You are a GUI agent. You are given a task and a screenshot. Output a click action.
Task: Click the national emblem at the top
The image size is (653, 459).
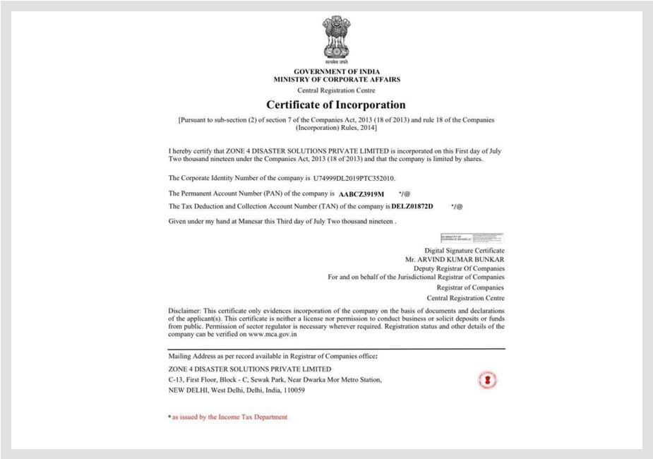tap(336, 38)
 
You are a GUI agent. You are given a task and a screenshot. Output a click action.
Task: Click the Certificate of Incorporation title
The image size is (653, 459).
tap(336, 105)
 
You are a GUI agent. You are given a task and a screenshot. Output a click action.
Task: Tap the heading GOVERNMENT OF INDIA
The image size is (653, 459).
tap(337, 72)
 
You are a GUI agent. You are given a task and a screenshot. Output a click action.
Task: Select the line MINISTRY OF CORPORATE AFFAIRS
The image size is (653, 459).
tap(337, 80)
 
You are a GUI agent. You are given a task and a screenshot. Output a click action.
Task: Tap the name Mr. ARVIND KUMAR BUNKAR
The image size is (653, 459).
tap(455, 259)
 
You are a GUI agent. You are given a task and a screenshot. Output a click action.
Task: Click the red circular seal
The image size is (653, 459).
tap(487, 379)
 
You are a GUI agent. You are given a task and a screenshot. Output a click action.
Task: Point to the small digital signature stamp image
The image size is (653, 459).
tap(472, 238)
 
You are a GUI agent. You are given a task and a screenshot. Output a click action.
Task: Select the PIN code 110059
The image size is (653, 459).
tap(291, 390)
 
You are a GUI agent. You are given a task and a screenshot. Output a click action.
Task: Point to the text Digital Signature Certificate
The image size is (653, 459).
tap(464, 251)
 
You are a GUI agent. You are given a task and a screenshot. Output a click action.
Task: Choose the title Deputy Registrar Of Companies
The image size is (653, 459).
tap(459, 268)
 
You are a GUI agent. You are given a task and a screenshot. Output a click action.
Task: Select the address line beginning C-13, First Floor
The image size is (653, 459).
tap(275, 379)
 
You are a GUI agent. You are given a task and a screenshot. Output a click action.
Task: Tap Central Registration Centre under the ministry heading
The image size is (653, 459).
tap(336, 90)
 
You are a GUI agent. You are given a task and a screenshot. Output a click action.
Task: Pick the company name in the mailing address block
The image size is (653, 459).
tap(249, 369)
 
